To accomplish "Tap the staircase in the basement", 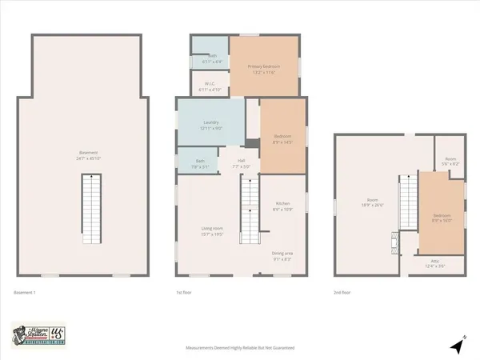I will [89, 209].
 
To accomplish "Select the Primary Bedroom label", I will [262, 70].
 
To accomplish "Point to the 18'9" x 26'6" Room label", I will [372, 202].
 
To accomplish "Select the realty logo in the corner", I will [39, 335].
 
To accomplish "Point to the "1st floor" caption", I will [184, 293].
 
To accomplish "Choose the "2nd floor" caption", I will [343, 293].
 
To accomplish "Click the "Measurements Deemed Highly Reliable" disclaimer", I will [241, 349].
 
